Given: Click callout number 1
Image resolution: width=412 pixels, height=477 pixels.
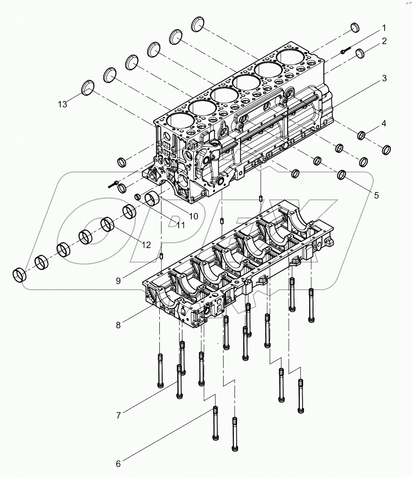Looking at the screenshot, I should coord(384,27).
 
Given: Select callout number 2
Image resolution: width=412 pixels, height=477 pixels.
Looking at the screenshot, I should coord(384,41).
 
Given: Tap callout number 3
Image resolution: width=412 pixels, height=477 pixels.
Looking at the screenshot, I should coord(384,78).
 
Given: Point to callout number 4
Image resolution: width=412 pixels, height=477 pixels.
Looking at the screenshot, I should coord(384,124).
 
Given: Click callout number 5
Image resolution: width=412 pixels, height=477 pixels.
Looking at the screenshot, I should coord(376,194).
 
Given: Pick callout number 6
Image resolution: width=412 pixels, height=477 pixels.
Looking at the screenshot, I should coord(118,464).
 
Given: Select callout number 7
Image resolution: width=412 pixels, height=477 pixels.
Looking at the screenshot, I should coord(118,415).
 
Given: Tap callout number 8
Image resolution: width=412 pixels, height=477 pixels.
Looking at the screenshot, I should coord(118,325).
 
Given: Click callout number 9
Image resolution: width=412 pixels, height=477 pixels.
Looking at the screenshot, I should coord(118,280).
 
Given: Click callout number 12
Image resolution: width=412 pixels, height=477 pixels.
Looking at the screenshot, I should coord(146,244).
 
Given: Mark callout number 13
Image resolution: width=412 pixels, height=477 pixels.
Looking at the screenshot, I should coord(63,104).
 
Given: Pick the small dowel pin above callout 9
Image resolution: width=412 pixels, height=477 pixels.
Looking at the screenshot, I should coord(162,256).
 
